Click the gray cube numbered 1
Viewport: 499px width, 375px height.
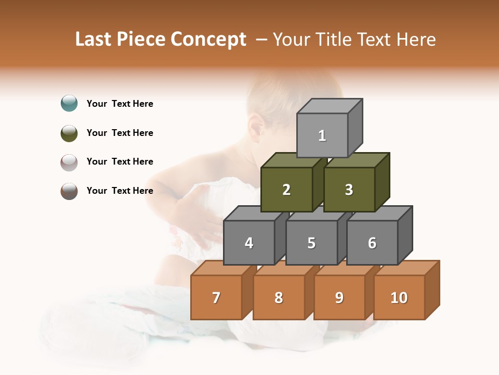click(322, 135)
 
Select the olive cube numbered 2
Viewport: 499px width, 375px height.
click(286, 190)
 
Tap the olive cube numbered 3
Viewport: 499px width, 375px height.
click(349, 190)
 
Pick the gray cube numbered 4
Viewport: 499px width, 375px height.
click(249, 243)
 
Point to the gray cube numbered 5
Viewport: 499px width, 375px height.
click(311, 243)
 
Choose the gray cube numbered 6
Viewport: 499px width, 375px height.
click(372, 243)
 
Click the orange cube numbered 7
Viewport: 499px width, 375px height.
click(216, 297)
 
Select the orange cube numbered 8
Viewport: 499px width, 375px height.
click(279, 297)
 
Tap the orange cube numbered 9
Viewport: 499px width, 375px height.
click(339, 297)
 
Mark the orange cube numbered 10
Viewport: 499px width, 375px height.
click(399, 297)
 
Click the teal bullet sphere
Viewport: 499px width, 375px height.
click(69, 103)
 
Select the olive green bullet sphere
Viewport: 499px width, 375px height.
click(69, 133)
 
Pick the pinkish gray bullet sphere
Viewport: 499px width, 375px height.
click(69, 162)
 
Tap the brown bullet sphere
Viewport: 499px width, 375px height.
click(69, 191)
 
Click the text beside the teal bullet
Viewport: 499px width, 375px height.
click(120, 104)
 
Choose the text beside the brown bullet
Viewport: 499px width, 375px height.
click(120, 191)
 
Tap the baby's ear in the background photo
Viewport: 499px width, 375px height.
click(256, 127)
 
